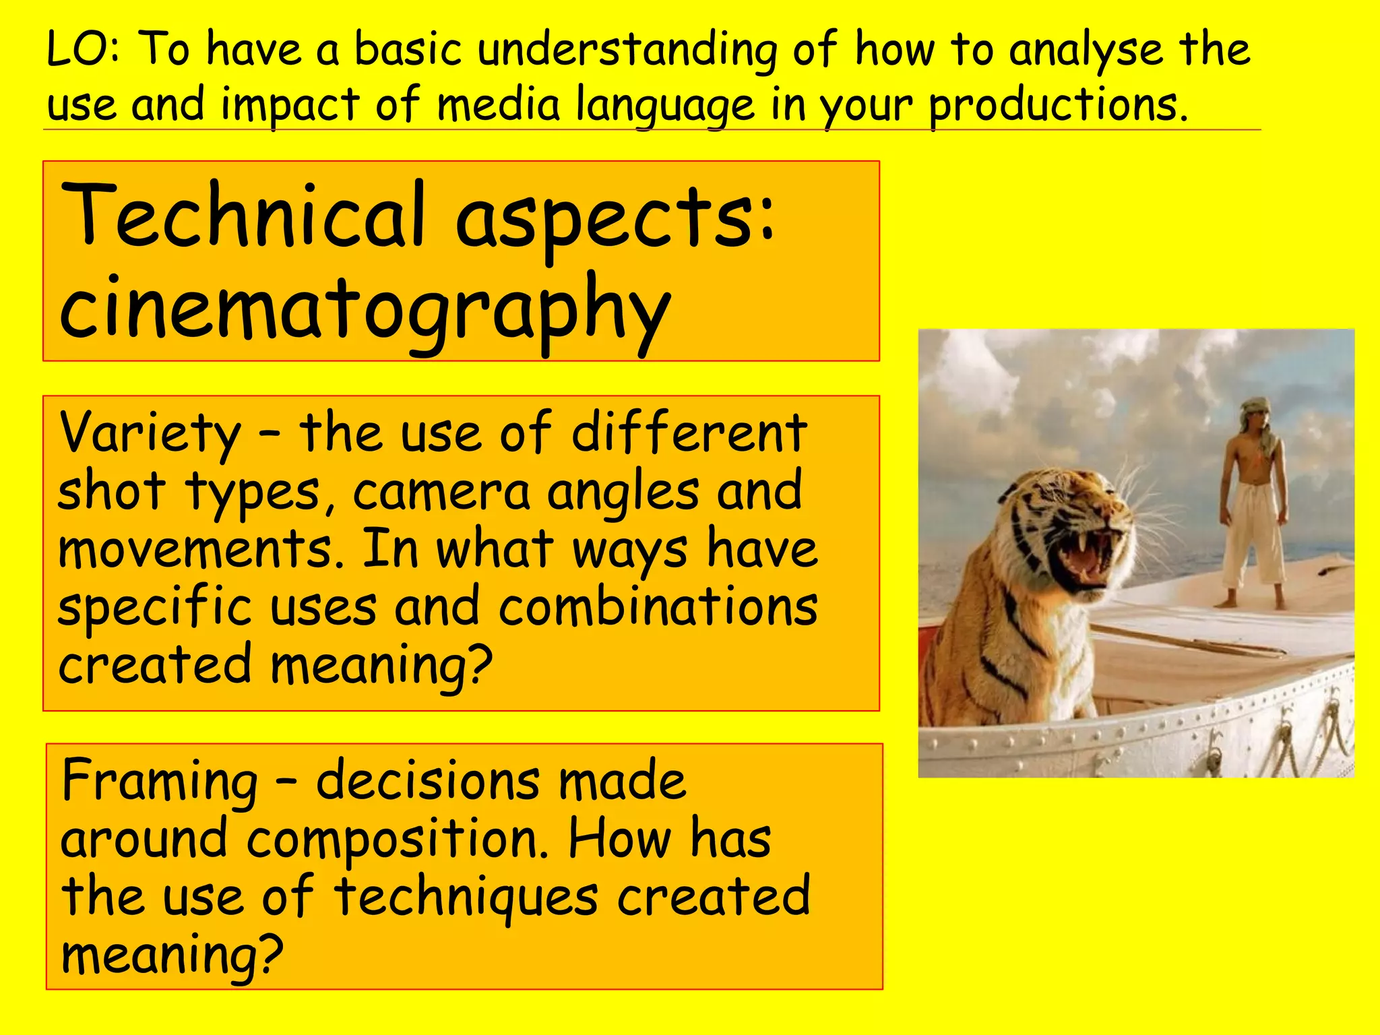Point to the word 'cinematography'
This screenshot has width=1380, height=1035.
[x=364, y=310]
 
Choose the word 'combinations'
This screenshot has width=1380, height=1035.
[x=658, y=606]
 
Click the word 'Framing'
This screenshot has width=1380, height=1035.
[x=160, y=782]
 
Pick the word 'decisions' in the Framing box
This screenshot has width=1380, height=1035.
[x=427, y=782]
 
